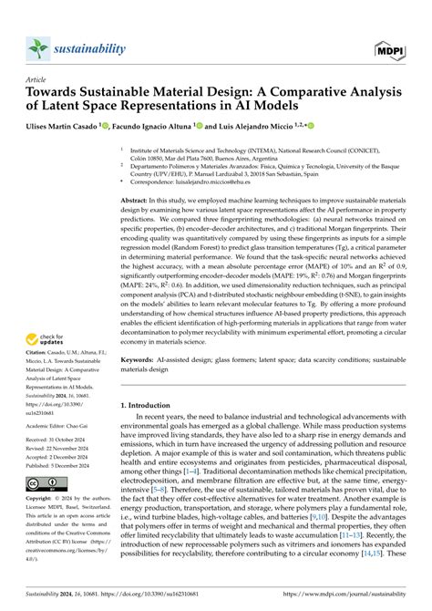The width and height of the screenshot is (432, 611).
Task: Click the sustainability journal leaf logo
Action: point(36,48)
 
